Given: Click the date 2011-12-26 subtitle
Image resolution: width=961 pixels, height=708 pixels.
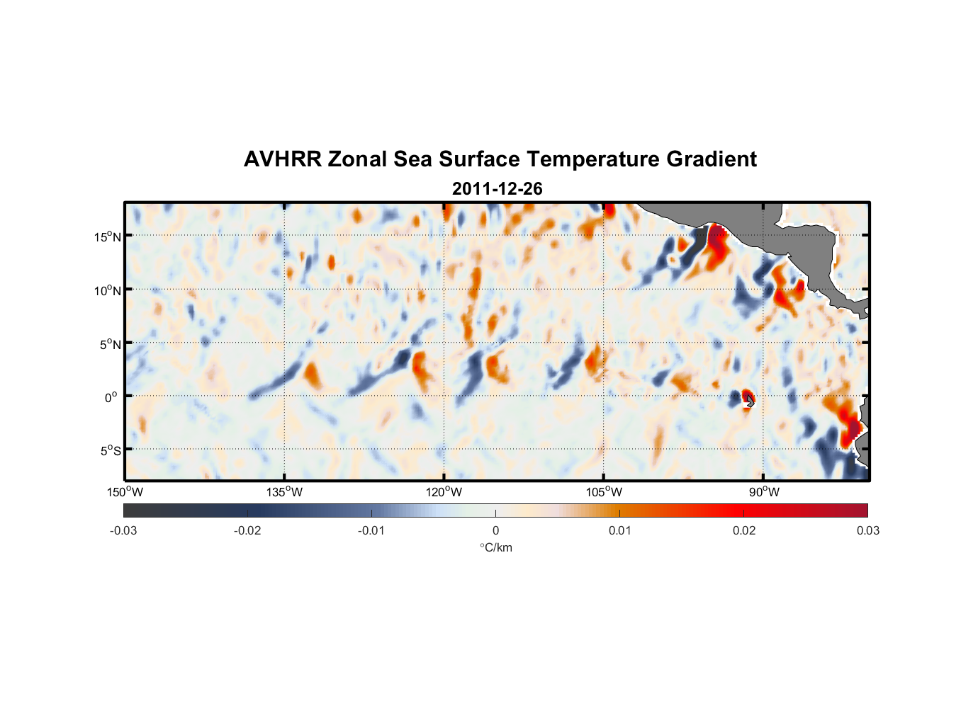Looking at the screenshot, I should click(497, 189).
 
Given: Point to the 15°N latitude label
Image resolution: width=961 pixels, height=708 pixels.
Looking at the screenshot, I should click(108, 236).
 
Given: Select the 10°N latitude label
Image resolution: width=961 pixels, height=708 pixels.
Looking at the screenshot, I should click(108, 290).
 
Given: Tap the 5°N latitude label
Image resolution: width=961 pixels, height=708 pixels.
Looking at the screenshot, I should click(110, 344).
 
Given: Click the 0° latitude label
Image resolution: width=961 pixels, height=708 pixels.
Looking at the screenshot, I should click(111, 397).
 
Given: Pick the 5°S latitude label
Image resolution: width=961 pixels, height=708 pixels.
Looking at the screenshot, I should click(110, 451).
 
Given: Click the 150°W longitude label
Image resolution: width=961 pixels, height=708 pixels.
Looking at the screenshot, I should click(125, 492).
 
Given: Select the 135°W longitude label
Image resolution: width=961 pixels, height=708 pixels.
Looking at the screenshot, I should click(284, 492).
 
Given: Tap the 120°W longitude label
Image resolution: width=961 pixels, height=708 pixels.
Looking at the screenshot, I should click(444, 492).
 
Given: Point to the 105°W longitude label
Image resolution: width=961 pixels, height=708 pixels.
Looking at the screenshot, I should click(604, 492).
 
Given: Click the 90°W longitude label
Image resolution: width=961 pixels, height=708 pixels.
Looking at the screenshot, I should click(764, 492).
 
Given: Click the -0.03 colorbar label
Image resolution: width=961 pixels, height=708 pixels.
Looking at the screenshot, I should click(123, 530).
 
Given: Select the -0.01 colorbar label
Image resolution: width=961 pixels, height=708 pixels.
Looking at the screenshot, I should click(371, 530).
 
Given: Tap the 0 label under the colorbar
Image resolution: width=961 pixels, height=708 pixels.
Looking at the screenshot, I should click(495, 530).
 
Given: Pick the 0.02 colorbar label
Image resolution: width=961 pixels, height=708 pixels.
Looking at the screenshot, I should click(744, 530).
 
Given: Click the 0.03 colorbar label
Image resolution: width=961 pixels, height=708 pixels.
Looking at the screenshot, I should click(867, 530).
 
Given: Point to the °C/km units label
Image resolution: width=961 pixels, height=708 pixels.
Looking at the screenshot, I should click(495, 547).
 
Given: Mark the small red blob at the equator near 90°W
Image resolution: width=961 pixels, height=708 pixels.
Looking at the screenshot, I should click(746, 397).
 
